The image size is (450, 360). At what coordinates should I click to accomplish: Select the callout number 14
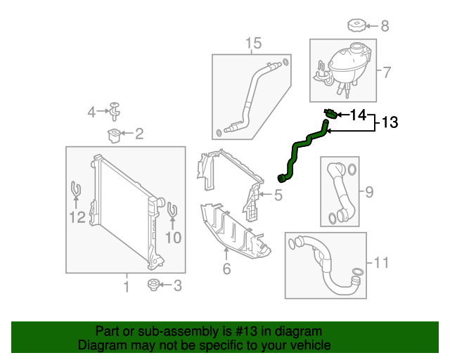click(x=358, y=114)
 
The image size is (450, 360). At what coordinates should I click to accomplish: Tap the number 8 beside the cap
click(x=385, y=27)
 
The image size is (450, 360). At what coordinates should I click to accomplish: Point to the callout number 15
click(x=253, y=44)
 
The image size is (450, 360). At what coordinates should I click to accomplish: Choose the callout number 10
click(x=172, y=238)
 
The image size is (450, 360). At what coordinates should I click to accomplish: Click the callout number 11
click(x=381, y=263)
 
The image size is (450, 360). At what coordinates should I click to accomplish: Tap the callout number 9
click(x=369, y=191)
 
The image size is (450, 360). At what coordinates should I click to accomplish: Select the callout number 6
click(x=226, y=268)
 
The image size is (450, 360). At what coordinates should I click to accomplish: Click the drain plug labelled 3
click(x=152, y=285)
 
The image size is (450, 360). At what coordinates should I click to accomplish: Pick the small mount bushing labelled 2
click(x=112, y=133)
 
